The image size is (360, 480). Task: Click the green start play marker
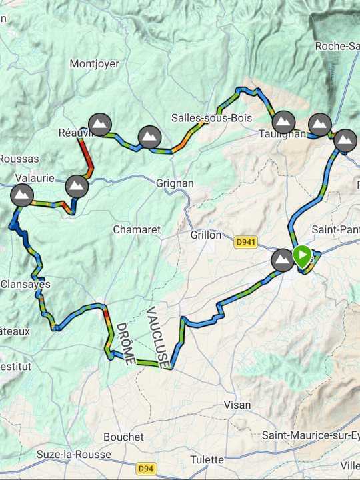pyautogui.click(x=302, y=256)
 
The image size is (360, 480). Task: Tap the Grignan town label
pyautogui.click(x=175, y=183)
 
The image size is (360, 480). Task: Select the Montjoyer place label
pyautogui.click(x=95, y=64)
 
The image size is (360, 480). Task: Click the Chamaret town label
pyautogui.click(x=137, y=229)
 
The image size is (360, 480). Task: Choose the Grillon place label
pyautogui.click(x=206, y=235)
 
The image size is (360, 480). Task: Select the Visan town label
pyautogui.click(x=237, y=405)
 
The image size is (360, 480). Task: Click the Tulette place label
pyautogui.click(x=207, y=459)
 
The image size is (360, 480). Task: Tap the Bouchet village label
pyautogui.click(x=123, y=437)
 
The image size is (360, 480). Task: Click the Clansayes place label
pyautogui.click(x=25, y=283)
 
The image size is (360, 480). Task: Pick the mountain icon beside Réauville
pyautogui.click(x=100, y=124)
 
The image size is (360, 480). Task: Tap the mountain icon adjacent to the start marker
pyautogui.click(x=283, y=260)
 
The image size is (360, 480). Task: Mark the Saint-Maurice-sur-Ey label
pyautogui.click(x=310, y=435)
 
